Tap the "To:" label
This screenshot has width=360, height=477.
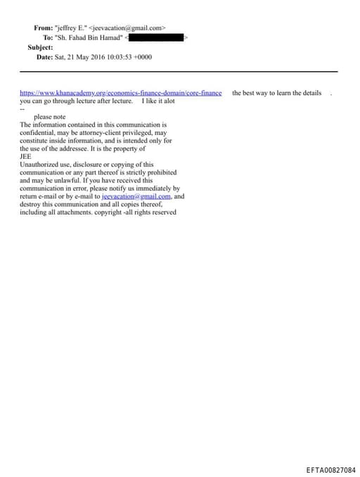coord(48,37)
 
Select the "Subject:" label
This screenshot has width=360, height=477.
coord(40,47)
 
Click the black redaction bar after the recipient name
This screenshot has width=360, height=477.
coord(155,37)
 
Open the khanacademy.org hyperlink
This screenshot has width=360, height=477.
coord(120,93)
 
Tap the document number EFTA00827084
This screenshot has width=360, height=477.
coord(331,469)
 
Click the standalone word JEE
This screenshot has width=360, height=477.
coord(25,156)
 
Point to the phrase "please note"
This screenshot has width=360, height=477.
coord(50,117)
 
